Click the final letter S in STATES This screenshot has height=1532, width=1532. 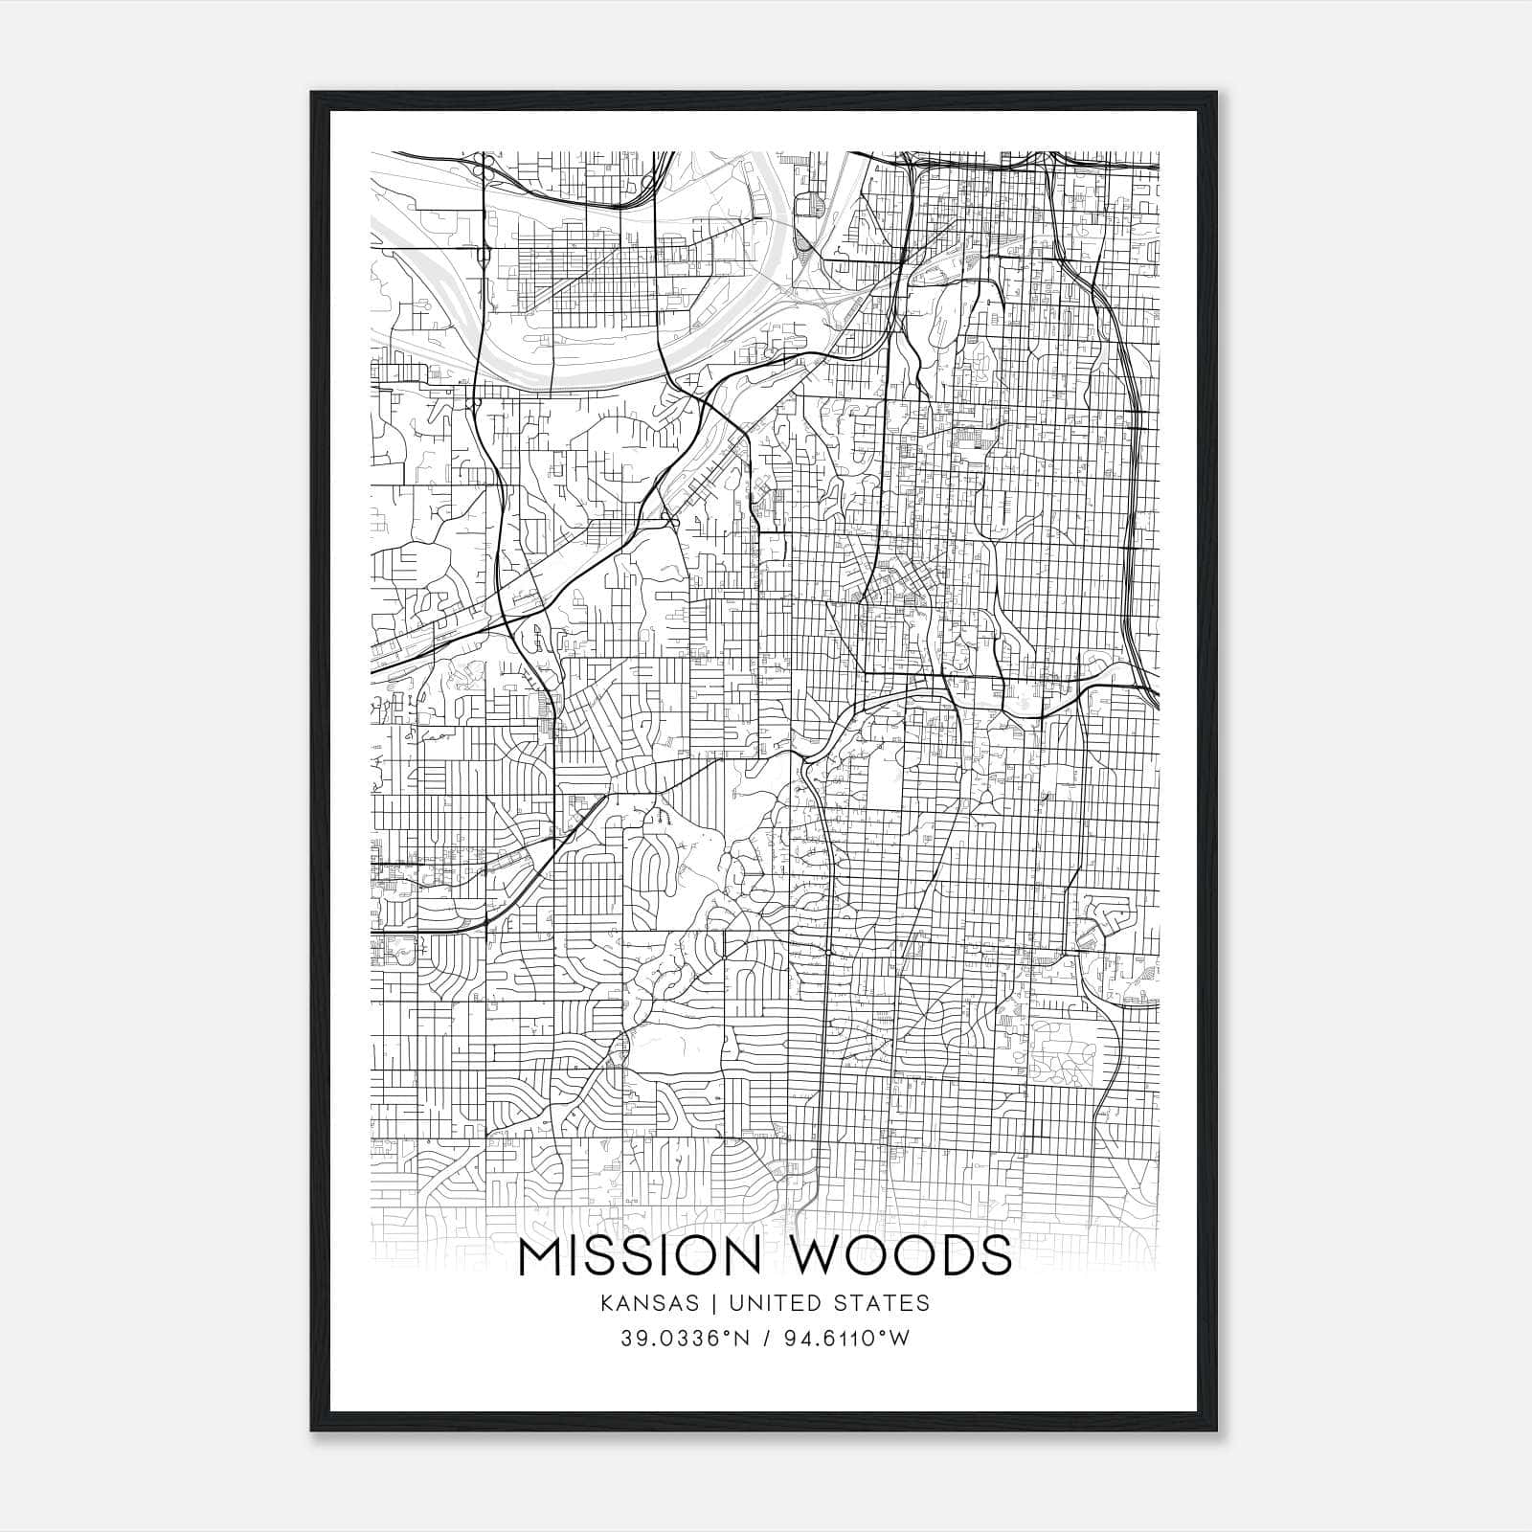922,1303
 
